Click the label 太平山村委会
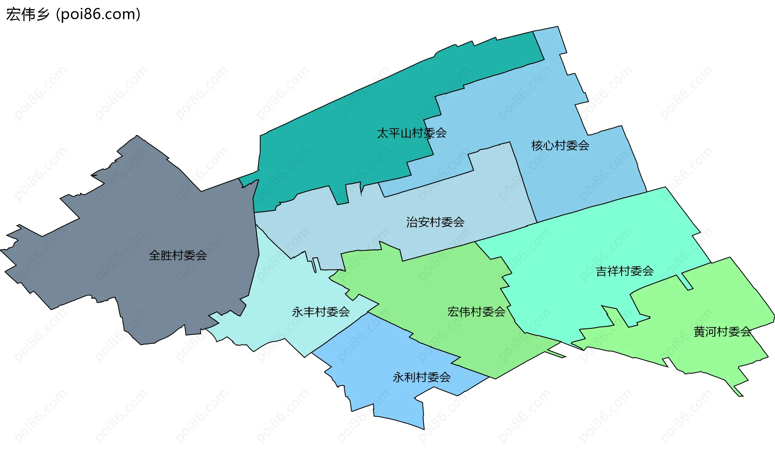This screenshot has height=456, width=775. click(x=411, y=133)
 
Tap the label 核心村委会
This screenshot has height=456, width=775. click(x=560, y=145)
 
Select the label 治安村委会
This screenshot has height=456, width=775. click(x=435, y=222)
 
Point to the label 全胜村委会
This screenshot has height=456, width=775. click(x=178, y=255)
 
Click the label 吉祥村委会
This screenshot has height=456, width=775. click(x=624, y=271)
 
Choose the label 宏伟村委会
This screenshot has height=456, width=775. click(x=476, y=312)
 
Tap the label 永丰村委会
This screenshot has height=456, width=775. click(x=320, y=312)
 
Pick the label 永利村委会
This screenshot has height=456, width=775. click(x=421, y=377)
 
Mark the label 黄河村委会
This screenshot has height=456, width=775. click(x=722, y=332)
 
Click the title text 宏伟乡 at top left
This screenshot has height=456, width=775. click(x=27, y=15)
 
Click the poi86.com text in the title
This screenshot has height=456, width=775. click(x=98, y=15)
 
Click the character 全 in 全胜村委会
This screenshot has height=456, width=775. click(x=155, y=255)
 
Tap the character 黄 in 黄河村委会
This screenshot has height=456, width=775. click(x=699, y=332)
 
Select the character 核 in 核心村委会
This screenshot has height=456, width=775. click(x=537, y=145)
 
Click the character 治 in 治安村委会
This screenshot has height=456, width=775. click(x=412, y=222)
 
